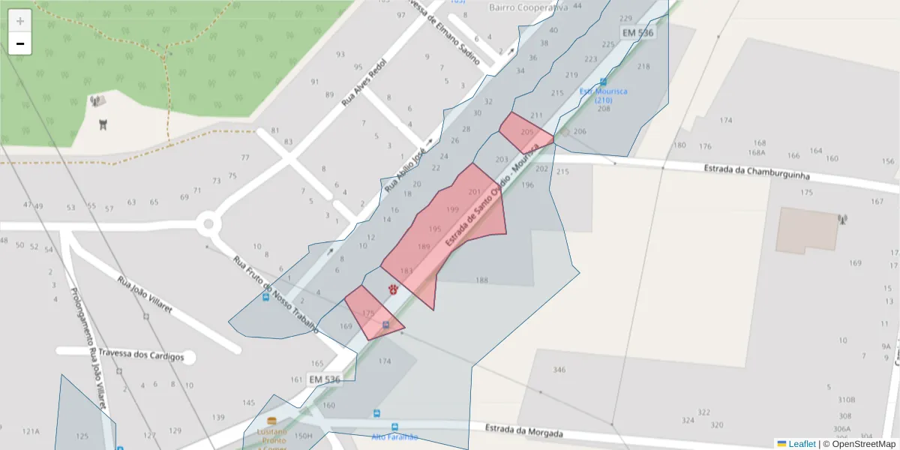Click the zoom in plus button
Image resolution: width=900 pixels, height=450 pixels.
(20, 21)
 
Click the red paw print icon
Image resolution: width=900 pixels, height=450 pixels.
(393, 289)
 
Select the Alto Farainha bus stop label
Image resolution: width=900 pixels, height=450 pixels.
(394, 436)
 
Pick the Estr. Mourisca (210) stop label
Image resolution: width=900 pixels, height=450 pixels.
(603, 95)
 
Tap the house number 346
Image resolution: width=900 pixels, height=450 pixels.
(559, 370)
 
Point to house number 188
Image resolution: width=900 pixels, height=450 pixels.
(481, 280)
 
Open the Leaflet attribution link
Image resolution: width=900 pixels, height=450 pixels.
(802, 444)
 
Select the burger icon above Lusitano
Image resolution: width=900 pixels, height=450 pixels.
(271, 421)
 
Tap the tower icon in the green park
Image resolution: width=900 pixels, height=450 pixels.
(103, 124)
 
